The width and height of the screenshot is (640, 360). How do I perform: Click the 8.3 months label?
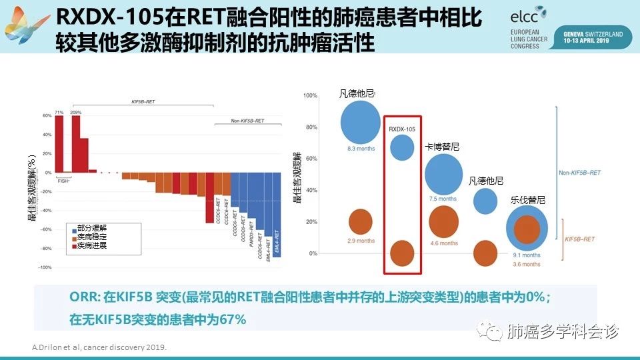pyautogui.click(x=361, y=149)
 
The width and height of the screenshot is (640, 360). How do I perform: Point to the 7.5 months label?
pyautogui.click(x=443, y=199)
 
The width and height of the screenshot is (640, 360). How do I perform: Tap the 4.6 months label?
pyautogui.click(x=444, y=243)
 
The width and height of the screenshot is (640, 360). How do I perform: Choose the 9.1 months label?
pyautogui.click(x=527, y=255)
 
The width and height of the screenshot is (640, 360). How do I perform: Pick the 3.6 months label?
pyautogui.click(x=527, y=265)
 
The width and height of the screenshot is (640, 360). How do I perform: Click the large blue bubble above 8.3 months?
pyautogui.click(x=361, y=122)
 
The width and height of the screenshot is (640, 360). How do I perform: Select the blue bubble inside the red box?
pyautogui.click(x=402, y=147)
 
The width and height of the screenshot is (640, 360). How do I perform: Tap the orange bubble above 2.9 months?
pyautogui.click(x=361, y=221)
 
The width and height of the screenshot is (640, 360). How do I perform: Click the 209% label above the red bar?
pyautogui.click(x=75, y=112)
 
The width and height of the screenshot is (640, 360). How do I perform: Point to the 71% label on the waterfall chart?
pyautogui.click(x=59, y=112)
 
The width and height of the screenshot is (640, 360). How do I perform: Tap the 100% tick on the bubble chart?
pyautogui.click(x=310, y=96)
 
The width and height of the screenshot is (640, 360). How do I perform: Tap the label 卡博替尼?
pyautogui.click(x=442, y=147)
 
